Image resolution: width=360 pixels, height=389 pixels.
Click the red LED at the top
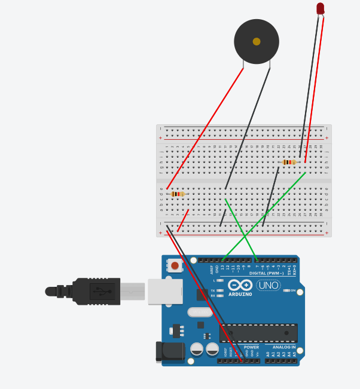tap(321, 8)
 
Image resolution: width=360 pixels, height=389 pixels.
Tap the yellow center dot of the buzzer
tap(257, 42)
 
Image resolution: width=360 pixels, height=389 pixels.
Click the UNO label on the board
tap(268, 286)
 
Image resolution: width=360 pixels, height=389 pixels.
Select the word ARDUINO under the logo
tap(240, 294)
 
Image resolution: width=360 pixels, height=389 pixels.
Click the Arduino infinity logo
tap(240, 285)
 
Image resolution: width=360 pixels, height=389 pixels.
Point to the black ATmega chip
tap(258, 333)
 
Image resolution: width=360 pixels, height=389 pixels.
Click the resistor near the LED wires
tap(289, 162)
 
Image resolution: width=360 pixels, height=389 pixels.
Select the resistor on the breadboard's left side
tap(177, 194)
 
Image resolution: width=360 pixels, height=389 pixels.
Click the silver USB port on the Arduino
tap(165, 292)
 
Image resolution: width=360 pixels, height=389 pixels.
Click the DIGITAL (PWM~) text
tap(266, 273)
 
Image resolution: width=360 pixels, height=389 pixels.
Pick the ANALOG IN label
tap(284, 347)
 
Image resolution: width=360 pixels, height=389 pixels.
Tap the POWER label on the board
tap(251, 347)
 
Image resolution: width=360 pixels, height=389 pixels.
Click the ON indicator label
tap(293, 290)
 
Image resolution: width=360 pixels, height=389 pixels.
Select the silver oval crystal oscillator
tap(200, 312)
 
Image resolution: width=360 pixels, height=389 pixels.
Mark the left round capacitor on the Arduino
tap(197, 349)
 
